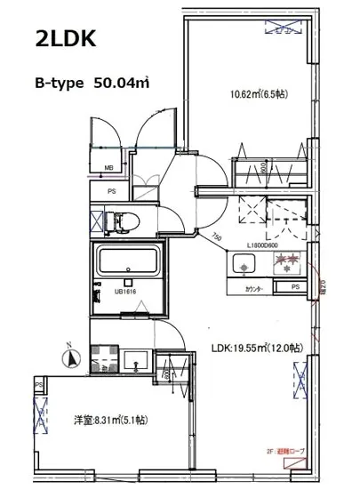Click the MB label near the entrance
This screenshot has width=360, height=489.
click(108, 166)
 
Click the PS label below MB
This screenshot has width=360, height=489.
click(112, 190)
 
